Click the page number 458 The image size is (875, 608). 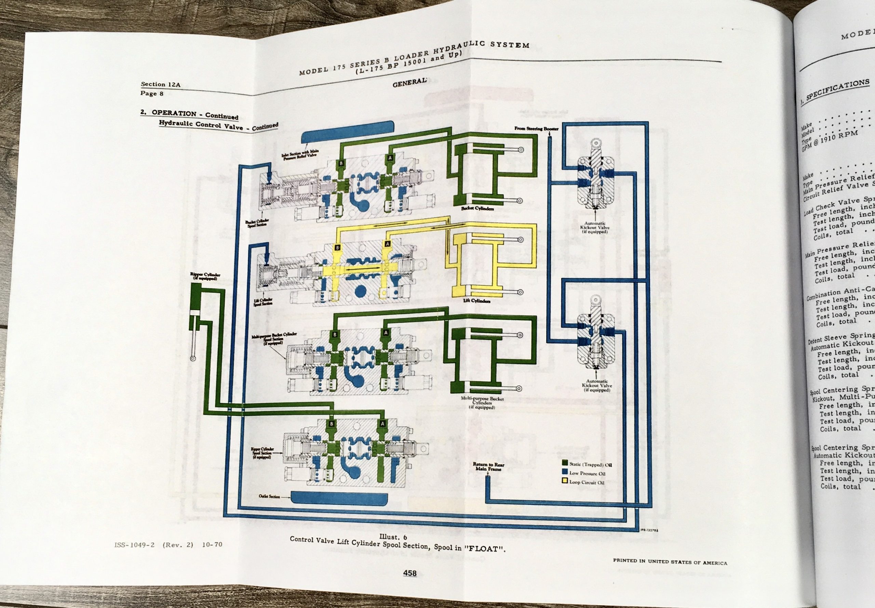tap(410, 573)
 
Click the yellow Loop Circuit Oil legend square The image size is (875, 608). tap(565, 480)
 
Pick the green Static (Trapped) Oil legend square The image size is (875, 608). tap(565, 463)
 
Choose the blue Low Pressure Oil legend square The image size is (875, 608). tap(565, 472)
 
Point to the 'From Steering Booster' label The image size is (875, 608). tap(536, 129)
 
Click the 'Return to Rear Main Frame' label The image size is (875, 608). tap(488, 466)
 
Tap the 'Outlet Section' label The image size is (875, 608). tap(269, 496)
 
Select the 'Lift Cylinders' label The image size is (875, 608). tap(476, 301)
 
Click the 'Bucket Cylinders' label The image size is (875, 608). tap(477, 209)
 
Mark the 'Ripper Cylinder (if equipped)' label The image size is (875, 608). tap(205, 277)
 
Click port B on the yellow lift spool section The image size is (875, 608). tap(337, 248)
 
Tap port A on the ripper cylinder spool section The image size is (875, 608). tap(382, 424)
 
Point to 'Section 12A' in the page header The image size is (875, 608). tap(160, 84)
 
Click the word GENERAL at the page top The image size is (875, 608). tap(409, 83)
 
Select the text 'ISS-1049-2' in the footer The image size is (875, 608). tap(134, 545)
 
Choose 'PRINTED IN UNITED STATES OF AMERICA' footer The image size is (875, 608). tap(670, 561)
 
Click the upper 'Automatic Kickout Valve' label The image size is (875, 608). tap(594, 227)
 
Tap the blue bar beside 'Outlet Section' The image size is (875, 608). tap(339, 497)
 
